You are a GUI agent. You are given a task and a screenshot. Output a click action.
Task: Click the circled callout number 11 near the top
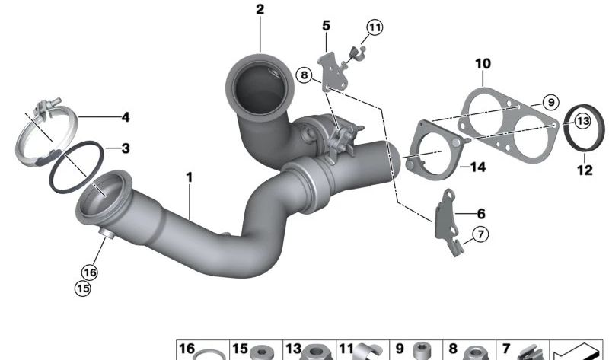tap(375, 27)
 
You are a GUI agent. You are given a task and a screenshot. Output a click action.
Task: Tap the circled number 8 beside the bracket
tap(304, 75)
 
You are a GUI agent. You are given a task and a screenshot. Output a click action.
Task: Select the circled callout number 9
tap(550, 103)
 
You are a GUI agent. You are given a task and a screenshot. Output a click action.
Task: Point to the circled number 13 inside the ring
tap(583, 121)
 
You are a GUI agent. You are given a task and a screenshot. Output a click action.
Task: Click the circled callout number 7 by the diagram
tap(481, 234)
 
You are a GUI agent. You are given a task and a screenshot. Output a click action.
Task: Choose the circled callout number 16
tap(90, 272)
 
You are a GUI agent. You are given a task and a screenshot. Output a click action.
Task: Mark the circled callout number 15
tap(83, 288)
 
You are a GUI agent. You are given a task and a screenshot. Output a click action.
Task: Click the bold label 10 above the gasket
tap(483, 64)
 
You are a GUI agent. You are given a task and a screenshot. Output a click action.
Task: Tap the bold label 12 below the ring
tap(585, 170)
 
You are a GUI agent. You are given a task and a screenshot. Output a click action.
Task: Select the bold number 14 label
tap(478, 167)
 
